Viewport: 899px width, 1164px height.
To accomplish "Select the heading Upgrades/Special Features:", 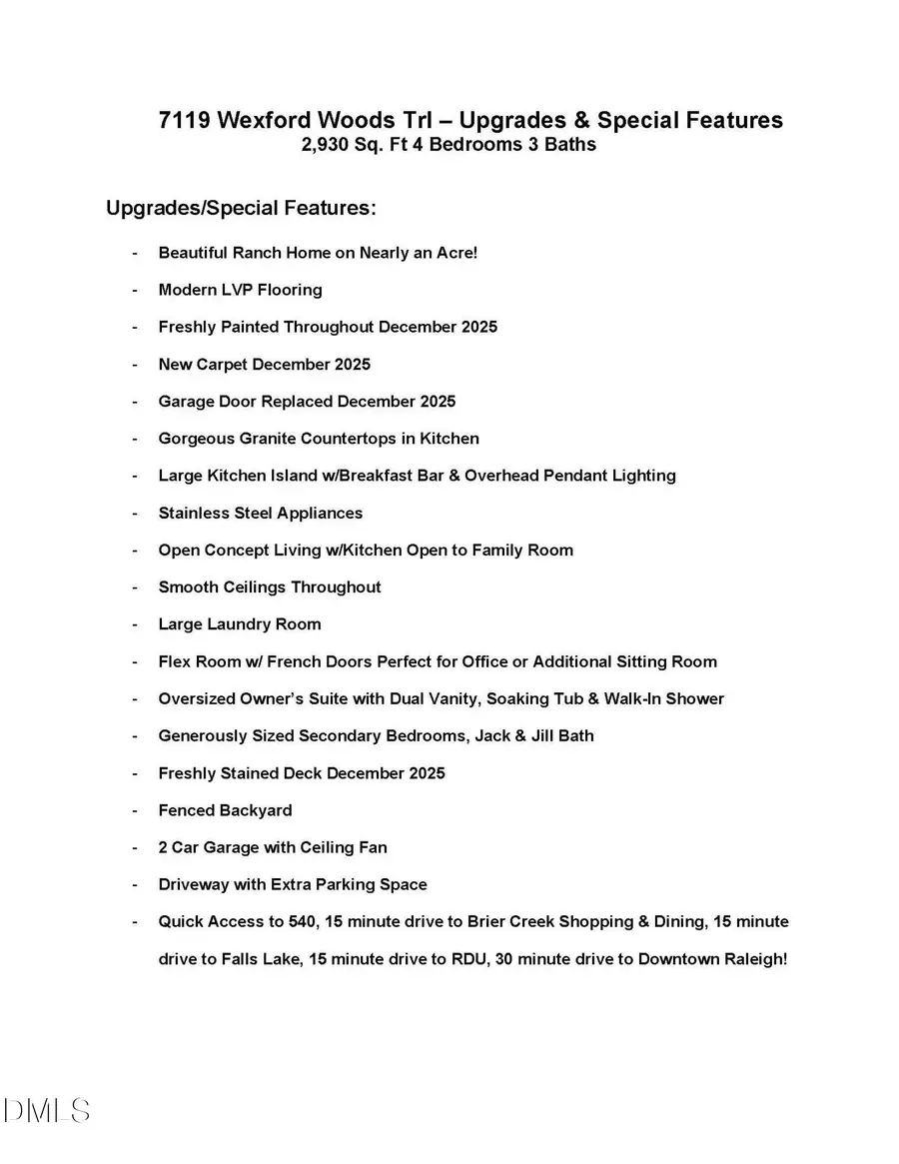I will (x=241, y=209).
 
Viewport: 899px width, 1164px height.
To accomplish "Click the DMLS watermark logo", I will (x=47, y=1111).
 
